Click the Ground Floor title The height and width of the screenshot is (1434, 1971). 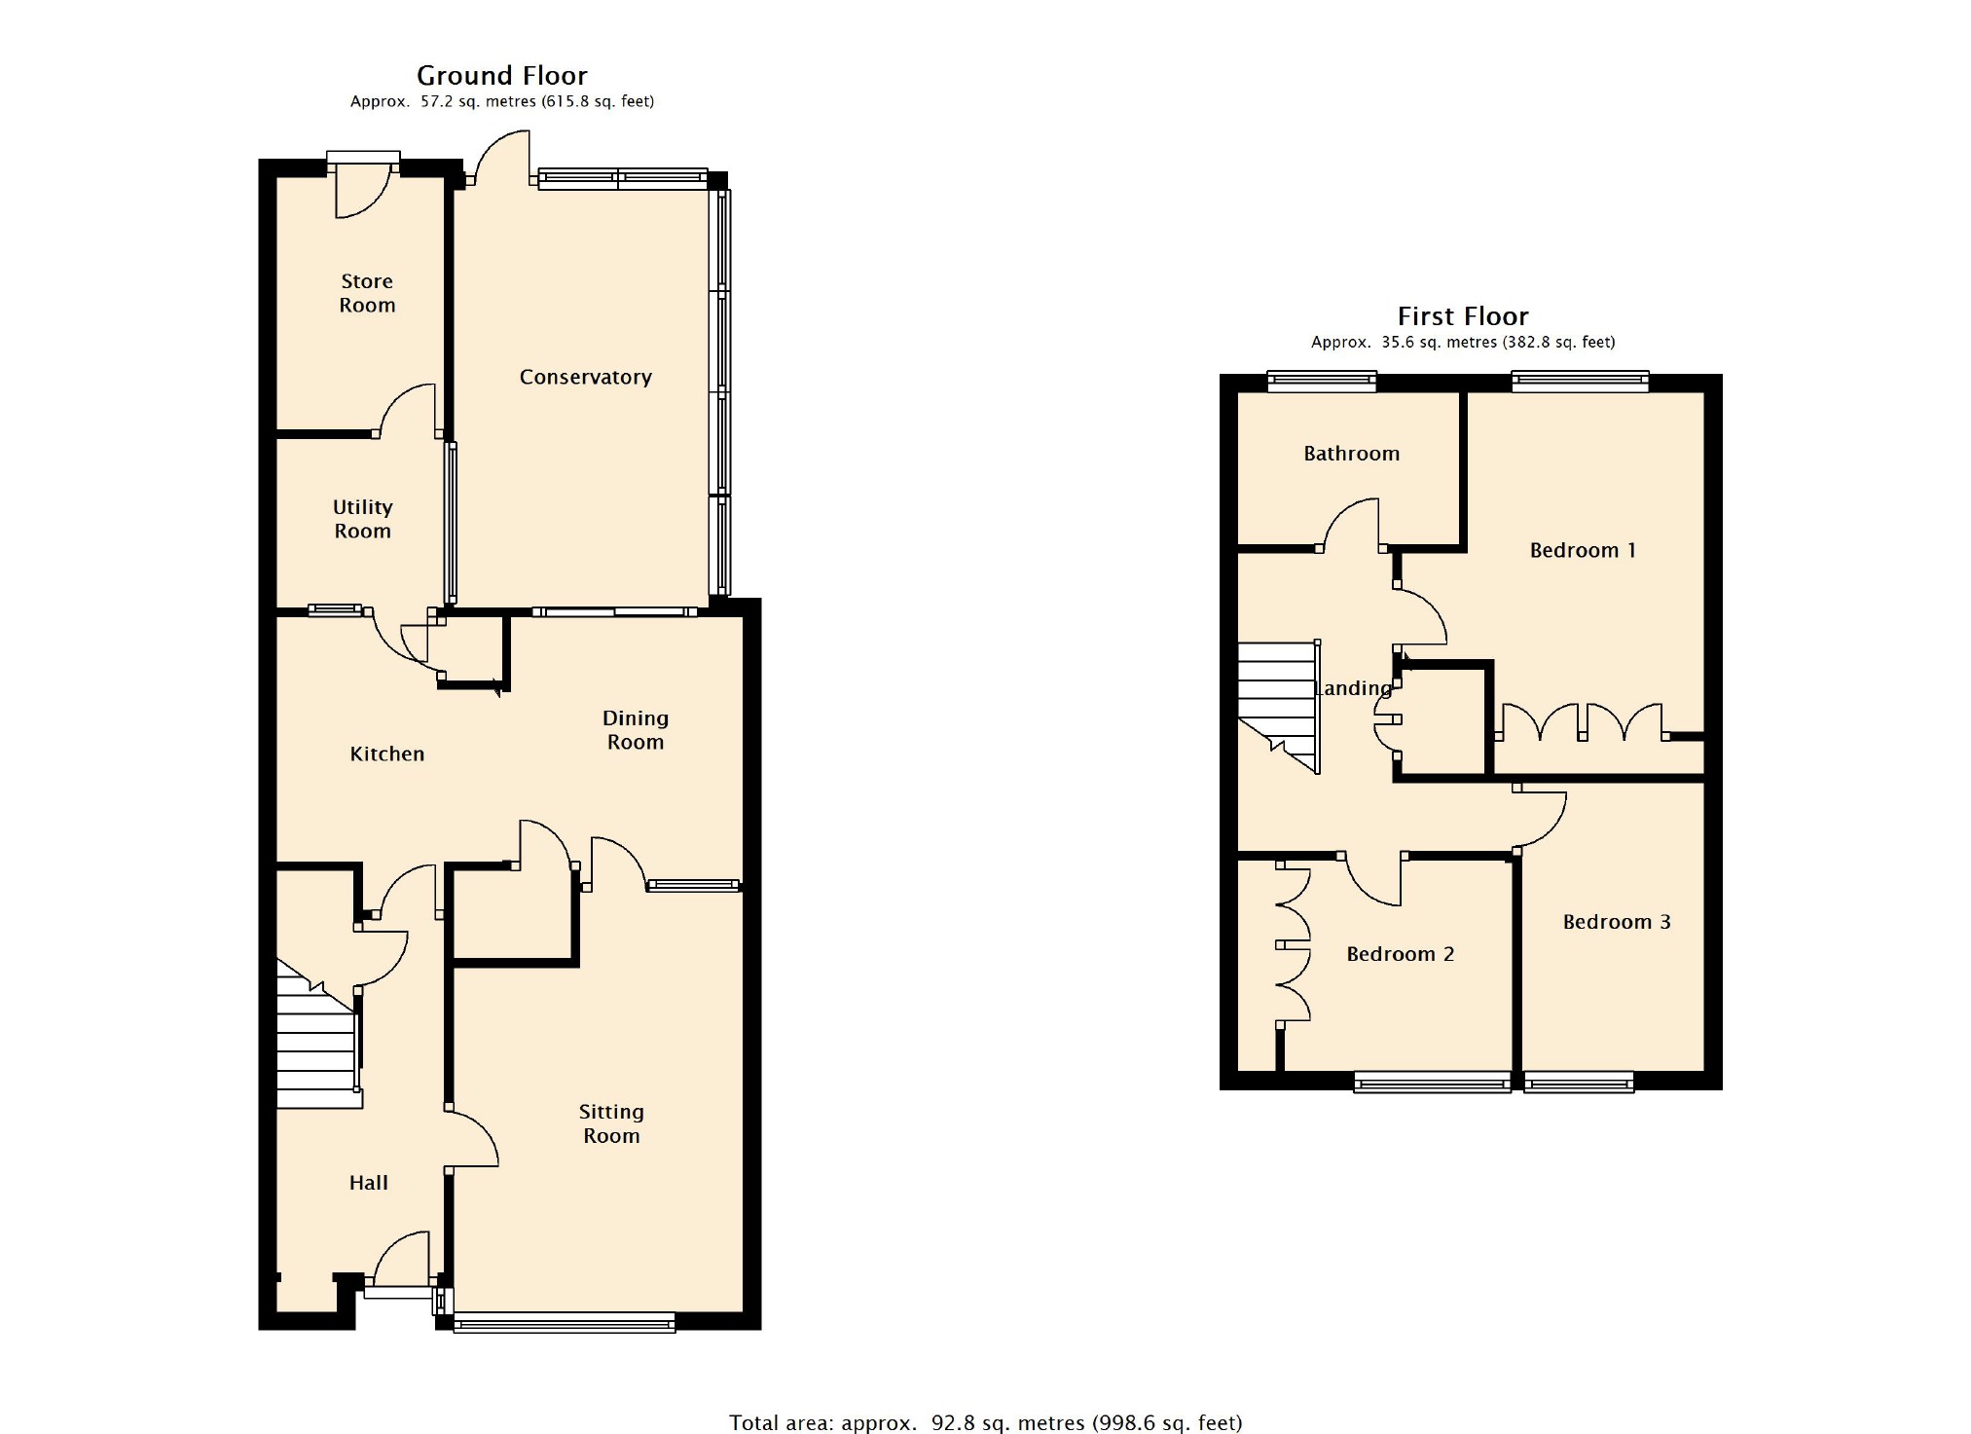tap(501, 75)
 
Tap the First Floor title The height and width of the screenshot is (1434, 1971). tap(1462, 316)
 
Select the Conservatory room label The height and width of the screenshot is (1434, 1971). tap(585, 377)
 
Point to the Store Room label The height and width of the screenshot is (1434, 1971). tap(367, 293)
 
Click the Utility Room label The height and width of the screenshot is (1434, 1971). tap(362, 519)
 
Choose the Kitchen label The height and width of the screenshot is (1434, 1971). tap(386, 754)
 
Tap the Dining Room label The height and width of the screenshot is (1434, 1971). tap(635, 730)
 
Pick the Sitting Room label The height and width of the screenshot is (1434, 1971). tap(611, 1123)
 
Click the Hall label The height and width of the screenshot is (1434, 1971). tap(368, 1183)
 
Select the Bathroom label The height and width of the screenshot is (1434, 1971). tap(1351, 454)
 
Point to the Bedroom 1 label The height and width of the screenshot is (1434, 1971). tap(1583, 551)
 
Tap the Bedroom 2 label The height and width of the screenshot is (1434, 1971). tap(1400, 954)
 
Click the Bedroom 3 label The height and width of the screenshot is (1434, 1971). tap(1617, 922)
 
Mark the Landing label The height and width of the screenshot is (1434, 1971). tap(1353, 688)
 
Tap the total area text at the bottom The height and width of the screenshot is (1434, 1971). tap(985, 1422)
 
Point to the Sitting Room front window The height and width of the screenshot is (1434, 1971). tap(565, 1321)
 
